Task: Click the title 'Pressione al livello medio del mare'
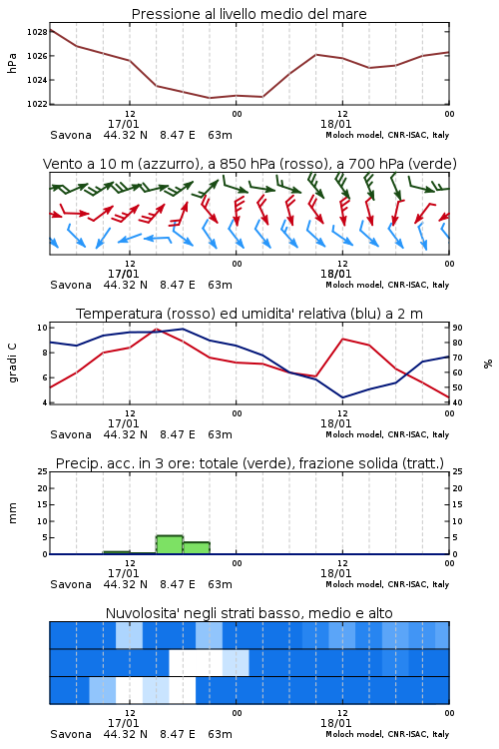click(249, 14)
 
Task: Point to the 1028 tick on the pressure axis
click(37, 32)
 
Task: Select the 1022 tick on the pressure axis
click(37, 104)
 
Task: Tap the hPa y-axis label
click(12, 63)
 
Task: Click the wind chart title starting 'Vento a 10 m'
click(249, 164)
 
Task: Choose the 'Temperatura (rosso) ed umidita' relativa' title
click(249, 314)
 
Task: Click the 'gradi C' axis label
click(12, 364)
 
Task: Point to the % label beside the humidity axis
click(488, 364)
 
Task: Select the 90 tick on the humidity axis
click(457, 328)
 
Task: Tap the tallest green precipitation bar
click(170, 545)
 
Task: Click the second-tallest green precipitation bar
click(197, 548)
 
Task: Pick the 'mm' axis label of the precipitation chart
click(12, 513)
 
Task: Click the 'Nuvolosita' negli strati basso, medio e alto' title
click(249, 613)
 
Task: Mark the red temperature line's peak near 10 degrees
click(156, 329)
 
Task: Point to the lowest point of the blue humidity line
click(342, 397)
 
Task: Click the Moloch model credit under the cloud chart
click(387, 734)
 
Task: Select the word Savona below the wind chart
click(71, 286)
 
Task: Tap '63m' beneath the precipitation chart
click(220, 584)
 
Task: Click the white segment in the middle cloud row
click(196, 662)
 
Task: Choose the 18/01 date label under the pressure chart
click(335, 124)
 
